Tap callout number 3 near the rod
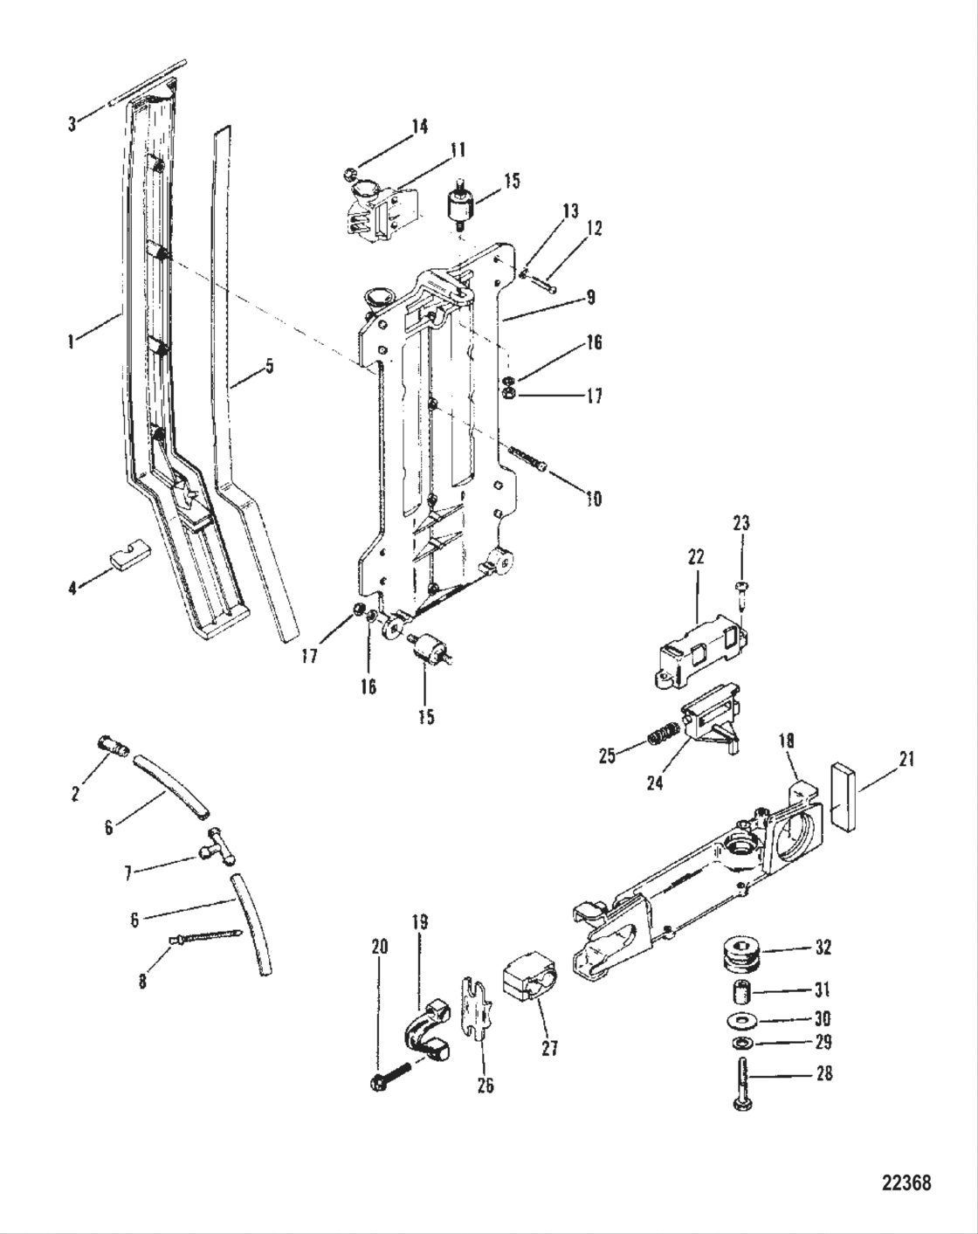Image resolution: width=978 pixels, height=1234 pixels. (x=72, y=124)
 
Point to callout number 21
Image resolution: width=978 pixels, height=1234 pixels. (x=906, y=759)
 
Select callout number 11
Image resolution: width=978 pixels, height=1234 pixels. (x=457, y=150)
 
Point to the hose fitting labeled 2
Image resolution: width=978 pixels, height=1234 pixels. (x=111, y=747)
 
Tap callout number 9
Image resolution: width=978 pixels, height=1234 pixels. (x=591, y=298)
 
